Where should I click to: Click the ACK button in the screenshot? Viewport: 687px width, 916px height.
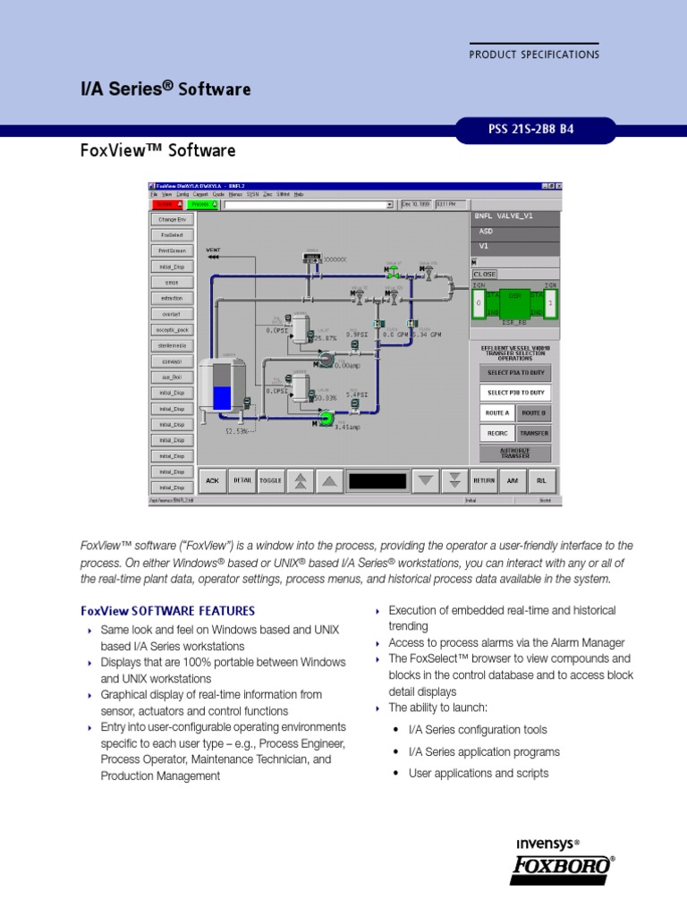pos(212,480)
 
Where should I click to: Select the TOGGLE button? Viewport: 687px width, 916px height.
pos(270,480)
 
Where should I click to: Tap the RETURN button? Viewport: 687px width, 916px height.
pos(484,480)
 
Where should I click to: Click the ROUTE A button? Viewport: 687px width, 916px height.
pos(496,413)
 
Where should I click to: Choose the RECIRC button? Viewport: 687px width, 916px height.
pos(496,433)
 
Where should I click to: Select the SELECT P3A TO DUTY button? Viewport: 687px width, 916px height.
pos(515,373)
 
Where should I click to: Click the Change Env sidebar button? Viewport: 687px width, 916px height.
pos(171,219)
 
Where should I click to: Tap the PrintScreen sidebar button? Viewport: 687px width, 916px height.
pos(171,251)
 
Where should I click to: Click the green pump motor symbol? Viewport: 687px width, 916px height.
pos(327,418)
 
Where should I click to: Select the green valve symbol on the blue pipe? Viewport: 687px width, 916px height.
pos(393,270)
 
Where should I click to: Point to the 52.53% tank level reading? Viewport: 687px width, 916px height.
pos(236,431)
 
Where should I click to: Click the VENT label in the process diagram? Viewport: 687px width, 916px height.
pos(214,250)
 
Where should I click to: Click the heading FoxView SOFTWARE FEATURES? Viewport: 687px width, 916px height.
pos(167,611)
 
